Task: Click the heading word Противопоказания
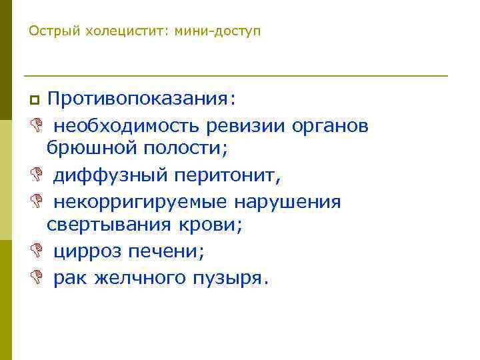(141, 99)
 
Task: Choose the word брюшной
(85, 149)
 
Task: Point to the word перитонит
(227, 175)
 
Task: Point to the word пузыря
(230, 277)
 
